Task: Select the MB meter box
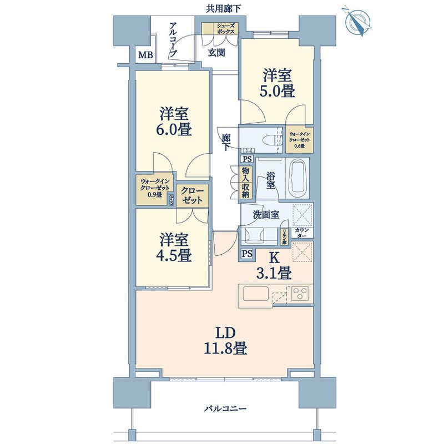tap(145, 54)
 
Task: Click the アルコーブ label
tap(173, 40)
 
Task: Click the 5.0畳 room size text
tap(277, 90)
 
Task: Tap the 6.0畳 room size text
tap(174, 132)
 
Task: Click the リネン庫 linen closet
tap(284, 235)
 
